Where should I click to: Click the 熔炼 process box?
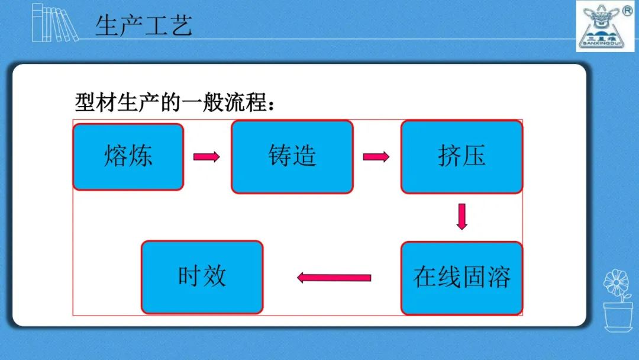coord(128,157)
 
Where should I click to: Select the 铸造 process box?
coord(292,157)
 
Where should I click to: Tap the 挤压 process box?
coord(461,157)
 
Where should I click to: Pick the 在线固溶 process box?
coord(461,278)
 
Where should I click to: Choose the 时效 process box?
coord(202,277)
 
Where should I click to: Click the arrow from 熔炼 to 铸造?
coord(206,157)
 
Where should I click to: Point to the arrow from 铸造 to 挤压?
coord(376,157)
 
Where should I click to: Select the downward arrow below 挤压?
coord(462,217)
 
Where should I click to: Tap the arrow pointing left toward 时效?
coord(334,278)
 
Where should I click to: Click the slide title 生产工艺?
coord(144,26)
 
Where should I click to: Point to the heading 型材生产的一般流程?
coord(175,104)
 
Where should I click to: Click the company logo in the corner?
coord(601,25)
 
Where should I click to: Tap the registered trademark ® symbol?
coord(628,11)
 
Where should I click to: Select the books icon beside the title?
coord(54,22)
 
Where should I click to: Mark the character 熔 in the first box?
coord(116,156)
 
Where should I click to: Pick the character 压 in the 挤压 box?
coord(474,156)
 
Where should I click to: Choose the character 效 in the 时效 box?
coord(214,277)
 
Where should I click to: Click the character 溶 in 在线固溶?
coord(499,277)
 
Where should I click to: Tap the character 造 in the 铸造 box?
coord(305,156)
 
